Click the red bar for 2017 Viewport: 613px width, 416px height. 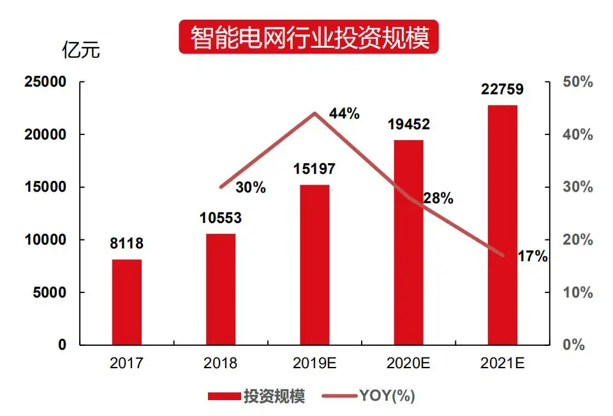click(126, 302)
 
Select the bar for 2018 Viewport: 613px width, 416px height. click(221, 289)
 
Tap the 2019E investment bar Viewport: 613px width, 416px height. click(315, 264)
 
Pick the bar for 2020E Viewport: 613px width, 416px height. click(409, 242)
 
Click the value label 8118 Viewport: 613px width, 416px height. click(126, 243)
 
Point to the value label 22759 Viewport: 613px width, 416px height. click(503, 90)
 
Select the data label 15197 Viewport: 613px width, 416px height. click(314, 169)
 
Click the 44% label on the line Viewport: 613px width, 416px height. click(344, 114)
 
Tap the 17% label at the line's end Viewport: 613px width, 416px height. click(533, 257)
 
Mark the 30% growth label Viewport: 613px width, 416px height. click(251, 187)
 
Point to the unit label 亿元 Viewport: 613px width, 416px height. click(80, 50)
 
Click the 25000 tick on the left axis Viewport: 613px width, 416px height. click(45, 82)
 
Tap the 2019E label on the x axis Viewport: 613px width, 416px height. click(315, 364)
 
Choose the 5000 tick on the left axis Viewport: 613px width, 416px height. click(49, 292)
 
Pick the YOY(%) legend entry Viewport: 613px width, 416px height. click(387, 396)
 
